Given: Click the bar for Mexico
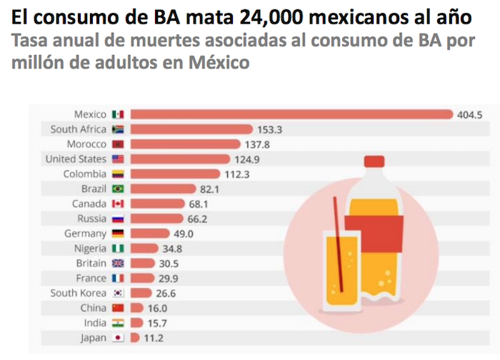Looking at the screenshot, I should [291, 114].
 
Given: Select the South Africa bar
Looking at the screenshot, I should [191, 129].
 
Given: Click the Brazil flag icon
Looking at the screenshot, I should [118, 189].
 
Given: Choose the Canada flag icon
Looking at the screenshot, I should [118, 204].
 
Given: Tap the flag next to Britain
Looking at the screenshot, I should [118, 263].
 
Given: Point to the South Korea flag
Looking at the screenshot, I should [118, 293].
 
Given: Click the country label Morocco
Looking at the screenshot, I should [86, 144].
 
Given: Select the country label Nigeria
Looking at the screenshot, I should [88, 249].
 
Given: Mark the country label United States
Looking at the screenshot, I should [75, 159].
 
